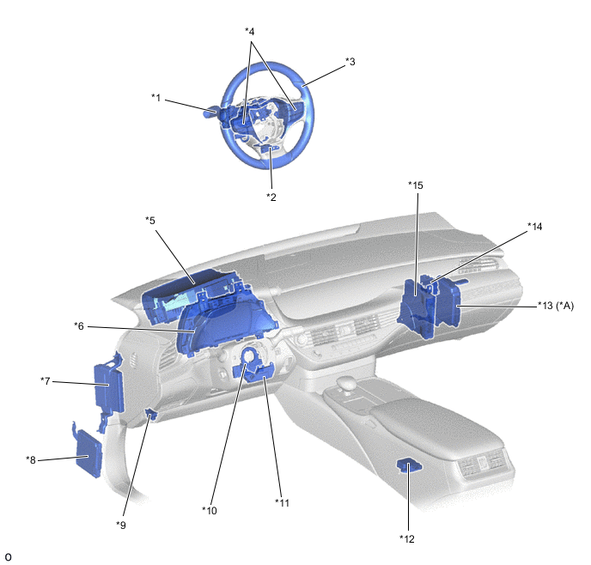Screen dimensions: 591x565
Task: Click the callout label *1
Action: [x=156, y=98]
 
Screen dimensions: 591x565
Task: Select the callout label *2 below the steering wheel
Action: [x=271, y=197]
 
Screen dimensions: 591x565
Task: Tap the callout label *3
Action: [x=350, y=62]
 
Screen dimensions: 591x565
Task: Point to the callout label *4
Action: [x=249, y=31]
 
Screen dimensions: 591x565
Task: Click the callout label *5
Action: [x=150, y=221]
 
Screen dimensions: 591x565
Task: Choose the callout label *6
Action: [x=79, y=326]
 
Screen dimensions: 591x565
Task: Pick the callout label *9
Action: [x=121, y=526]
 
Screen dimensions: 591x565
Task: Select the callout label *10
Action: [x=210, y=511]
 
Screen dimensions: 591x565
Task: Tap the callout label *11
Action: [x=282, y=503]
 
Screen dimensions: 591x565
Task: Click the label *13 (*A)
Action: [x=556, y=306]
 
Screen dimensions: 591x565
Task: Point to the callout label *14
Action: [x=535, y=227]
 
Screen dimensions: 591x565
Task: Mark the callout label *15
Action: [x=416, y=185]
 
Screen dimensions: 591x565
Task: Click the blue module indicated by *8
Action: [x=89, y=455]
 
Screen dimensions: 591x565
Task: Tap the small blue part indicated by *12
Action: [x=409, y=465]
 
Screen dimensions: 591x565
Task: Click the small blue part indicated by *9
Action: [x=152, y=414]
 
